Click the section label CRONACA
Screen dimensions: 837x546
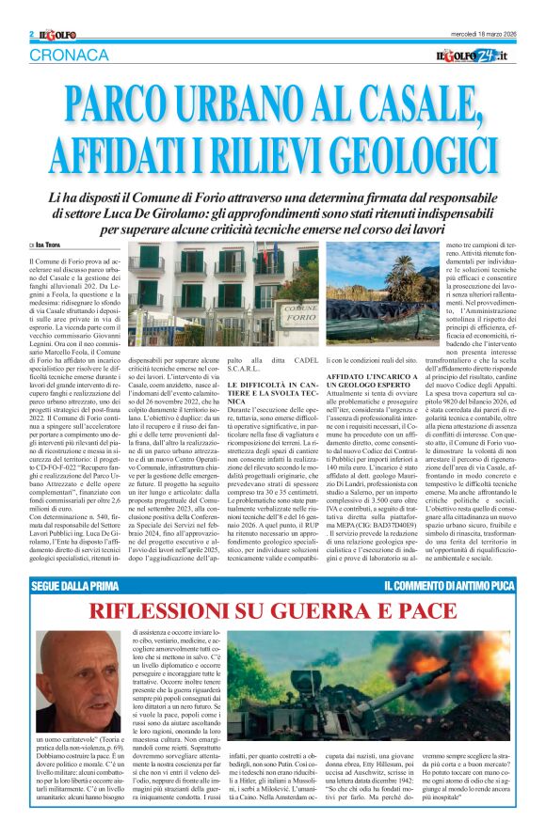(69, 55)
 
